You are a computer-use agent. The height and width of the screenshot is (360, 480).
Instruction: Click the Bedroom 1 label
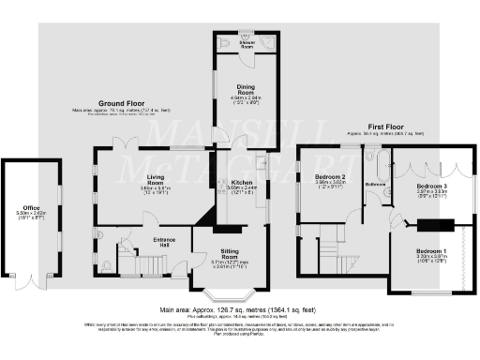[432, 253]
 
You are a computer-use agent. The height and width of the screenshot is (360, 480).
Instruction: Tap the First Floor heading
[367, 127]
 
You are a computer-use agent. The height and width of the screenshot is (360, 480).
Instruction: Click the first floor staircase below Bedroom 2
[331, 250]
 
